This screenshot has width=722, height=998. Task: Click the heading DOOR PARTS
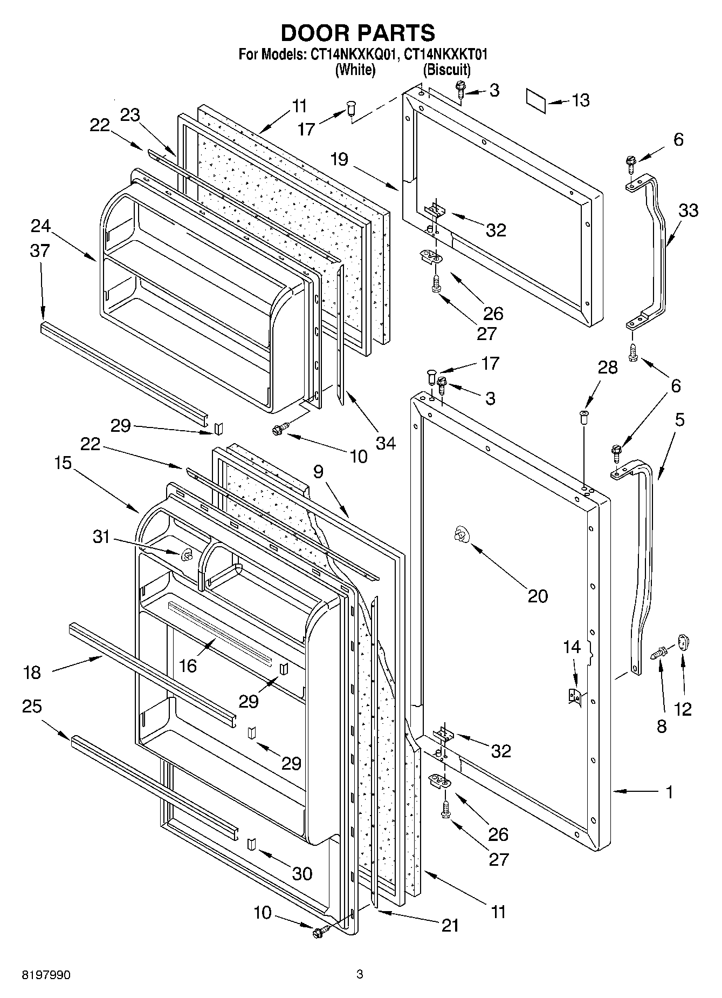coord(357,33)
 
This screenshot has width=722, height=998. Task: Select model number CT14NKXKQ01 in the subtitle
coord(354,55)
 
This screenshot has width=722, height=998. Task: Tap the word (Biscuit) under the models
coord(446,70)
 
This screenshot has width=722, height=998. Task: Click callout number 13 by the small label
coord(581,100)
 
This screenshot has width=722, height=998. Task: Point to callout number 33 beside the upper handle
coord(688,210)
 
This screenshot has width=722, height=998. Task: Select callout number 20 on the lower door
coord(538,596)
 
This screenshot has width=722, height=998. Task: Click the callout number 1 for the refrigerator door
coord(669,792)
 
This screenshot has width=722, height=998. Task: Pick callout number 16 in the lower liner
coord(188,666)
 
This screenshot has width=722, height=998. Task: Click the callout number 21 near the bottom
coord(450,925)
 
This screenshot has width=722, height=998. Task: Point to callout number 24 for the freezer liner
coord(40,226)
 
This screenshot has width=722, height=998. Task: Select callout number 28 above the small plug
coord(608,368)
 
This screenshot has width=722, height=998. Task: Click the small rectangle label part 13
coord(537,102)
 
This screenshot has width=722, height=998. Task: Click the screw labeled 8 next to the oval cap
coord(658,653)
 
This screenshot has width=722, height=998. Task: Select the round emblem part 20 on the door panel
coord(461,534)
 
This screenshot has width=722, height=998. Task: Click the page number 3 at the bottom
coord(360,974)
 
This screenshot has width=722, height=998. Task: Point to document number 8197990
coord(46,975)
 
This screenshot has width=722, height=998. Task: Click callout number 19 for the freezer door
coord(340,160)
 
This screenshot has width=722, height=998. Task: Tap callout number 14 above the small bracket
coord(572,646)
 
